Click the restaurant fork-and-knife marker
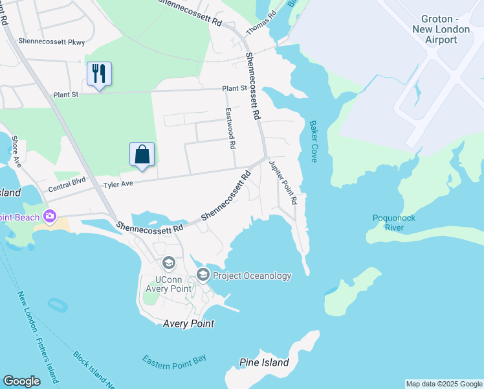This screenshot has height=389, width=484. (99, 74)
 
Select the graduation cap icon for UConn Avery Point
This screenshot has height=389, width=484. (169, 263)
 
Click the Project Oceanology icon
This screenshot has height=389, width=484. (203, 276)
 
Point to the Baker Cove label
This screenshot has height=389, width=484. (313, 141)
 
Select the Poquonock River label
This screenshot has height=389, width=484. (393, 222)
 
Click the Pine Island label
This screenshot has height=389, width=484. (264, 362)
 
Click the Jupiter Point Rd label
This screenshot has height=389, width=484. (283, 182)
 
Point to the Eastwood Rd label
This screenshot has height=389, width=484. (229, 128)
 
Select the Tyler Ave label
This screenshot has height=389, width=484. (118, 185)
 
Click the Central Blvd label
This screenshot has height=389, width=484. (67, 189)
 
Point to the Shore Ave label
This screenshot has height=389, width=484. (16, 151)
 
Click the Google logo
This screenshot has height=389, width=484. (21, 381)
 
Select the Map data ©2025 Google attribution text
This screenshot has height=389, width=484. (444, 384)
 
